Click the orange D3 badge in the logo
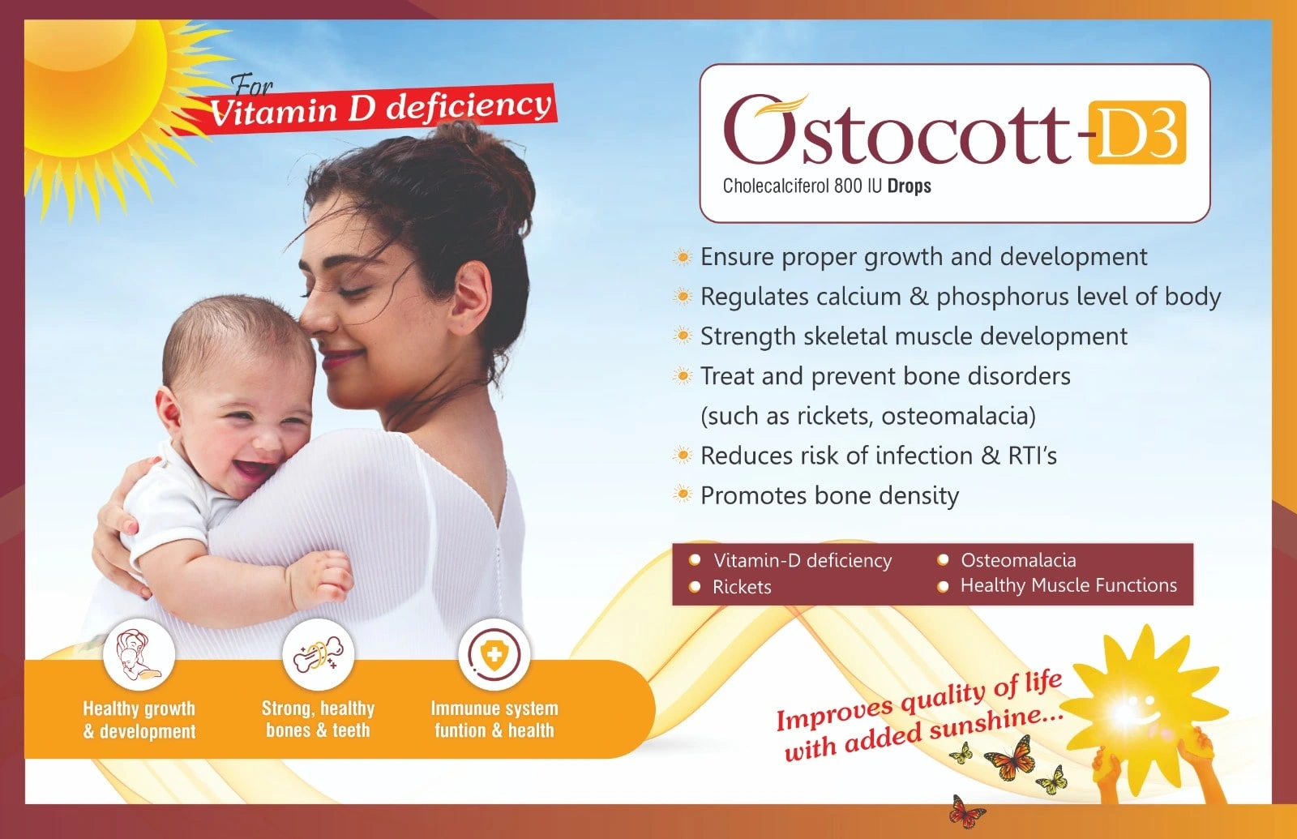point(1137,132)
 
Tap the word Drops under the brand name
point(909,186)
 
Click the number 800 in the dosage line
point(846,186)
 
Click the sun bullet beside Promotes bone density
point(683,494)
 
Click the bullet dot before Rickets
point(695,587)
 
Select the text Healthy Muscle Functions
point(1068,585)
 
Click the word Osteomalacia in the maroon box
point(1018,560)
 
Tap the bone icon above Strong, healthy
point(318,654)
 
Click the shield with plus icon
point(494,655)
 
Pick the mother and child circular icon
point(139,654)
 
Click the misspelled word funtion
point(460,730)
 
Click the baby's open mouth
point(254,467)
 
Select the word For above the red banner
point(252,86)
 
